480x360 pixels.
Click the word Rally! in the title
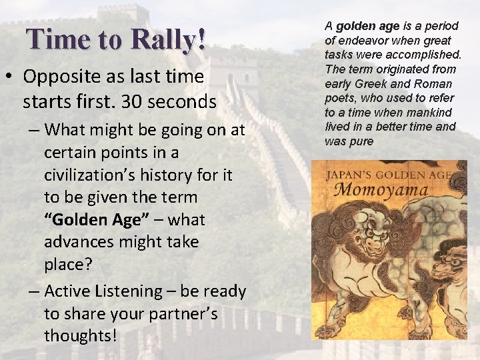[168, 40]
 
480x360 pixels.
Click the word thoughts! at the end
[80, 336]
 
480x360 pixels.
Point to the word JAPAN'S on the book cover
[350, 175]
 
